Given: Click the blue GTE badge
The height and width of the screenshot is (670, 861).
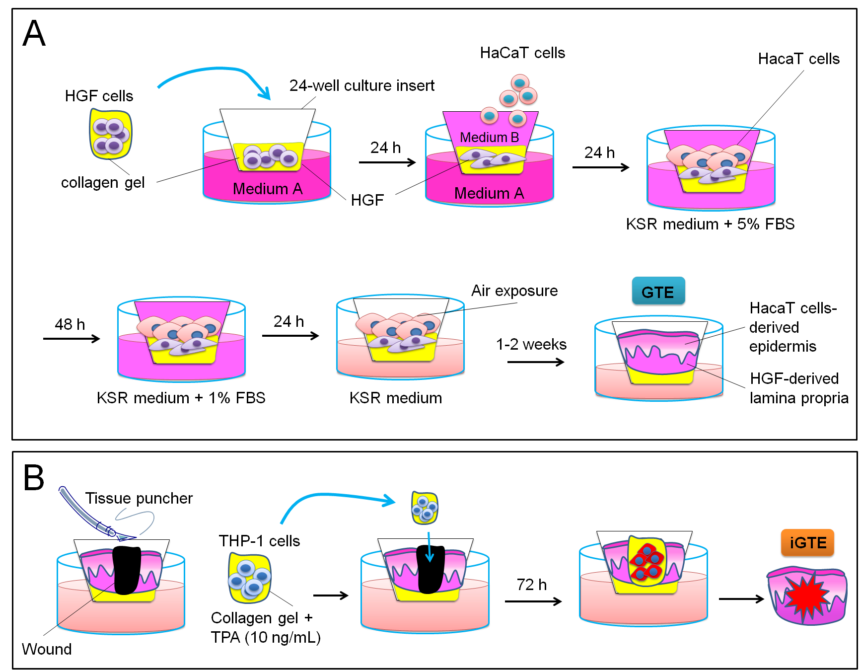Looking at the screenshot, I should click(658, 292).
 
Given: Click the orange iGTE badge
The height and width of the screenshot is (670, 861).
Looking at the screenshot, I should click(807, 542).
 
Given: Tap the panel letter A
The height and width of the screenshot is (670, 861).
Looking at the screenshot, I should click(34, 34).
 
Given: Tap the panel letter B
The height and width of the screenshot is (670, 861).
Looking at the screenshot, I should click(34, 478).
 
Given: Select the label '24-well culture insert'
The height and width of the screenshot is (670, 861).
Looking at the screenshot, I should click(361, 86).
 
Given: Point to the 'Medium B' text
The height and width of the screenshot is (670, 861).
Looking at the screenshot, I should click(489, 137).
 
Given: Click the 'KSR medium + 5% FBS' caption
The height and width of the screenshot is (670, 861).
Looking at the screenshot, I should click(710, 224).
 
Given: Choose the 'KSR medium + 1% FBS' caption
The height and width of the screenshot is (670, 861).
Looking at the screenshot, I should click(181, 398).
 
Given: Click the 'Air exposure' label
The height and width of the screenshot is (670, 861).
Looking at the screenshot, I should click(514, 291).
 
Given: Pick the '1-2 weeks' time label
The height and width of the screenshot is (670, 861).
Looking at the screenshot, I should click(531, 344).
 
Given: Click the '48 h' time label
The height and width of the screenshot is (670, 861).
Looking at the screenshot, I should click(70, 324).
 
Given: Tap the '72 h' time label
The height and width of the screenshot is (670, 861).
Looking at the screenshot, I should click(531, 585).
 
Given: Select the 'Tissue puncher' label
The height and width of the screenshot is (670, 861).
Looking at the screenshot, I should click(139, 498).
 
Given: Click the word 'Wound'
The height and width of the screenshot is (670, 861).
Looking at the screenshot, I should click(47, 649).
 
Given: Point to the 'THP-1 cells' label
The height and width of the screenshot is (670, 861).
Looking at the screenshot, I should click(259, 541).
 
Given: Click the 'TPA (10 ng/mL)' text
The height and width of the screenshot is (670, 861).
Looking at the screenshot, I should click(266, 637).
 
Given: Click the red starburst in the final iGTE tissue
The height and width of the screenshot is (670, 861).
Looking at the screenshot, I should click(806, 596).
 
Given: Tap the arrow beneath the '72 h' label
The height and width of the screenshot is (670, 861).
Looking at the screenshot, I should click(533, 601).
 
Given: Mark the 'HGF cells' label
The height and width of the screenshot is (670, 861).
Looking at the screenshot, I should click(99, 96).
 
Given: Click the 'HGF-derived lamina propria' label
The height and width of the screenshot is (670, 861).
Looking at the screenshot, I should click(798, 388).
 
